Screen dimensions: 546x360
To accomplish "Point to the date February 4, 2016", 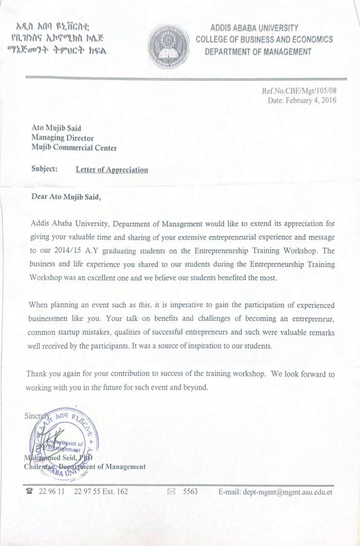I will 311,101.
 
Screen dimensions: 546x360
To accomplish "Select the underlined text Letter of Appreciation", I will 112,170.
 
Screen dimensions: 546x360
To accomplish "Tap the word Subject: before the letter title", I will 44,169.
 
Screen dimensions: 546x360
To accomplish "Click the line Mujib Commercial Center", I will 74,148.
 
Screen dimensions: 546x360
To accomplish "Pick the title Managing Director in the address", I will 62,138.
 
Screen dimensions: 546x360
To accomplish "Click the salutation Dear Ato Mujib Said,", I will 67,197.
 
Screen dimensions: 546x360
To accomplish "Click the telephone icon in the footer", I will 29,491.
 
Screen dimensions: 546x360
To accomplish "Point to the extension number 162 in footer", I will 122,491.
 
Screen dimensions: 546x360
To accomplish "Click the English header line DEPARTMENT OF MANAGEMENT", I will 258,52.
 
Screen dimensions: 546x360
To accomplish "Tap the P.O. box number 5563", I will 190,491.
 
